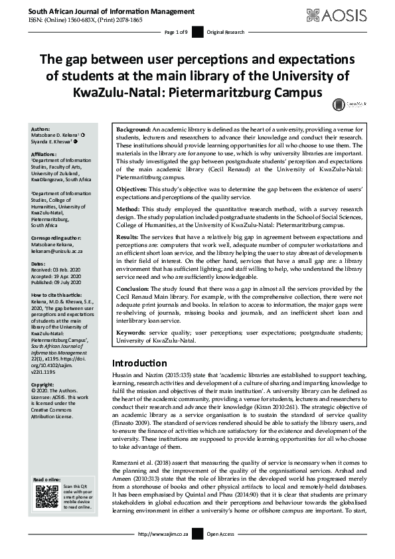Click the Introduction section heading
coord(139,363)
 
